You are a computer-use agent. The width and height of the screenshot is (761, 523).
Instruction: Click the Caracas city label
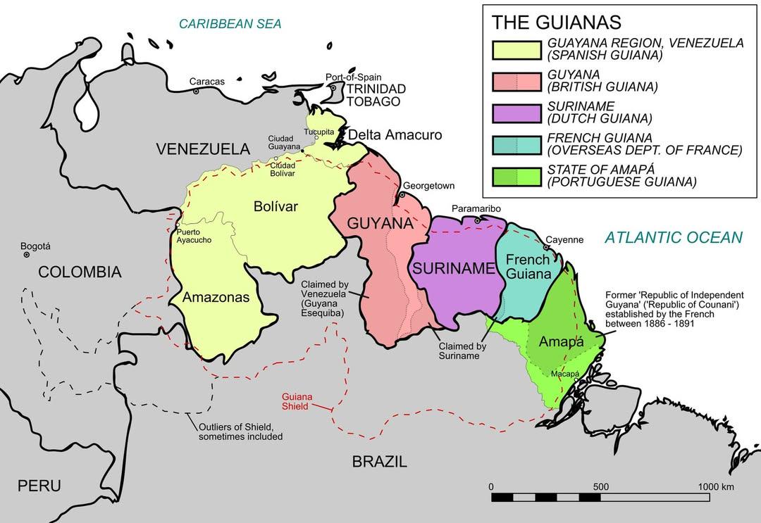click(207, 82)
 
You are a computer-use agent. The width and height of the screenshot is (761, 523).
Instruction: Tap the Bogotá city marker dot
click(27, 255)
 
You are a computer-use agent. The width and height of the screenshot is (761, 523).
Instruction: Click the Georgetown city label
click(429, 186)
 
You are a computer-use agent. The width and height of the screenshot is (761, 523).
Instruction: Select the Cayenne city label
click(564, 240)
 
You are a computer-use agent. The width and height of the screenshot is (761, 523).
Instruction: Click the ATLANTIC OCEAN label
click(674, 237)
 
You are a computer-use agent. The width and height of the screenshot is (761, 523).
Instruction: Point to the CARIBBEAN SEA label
click(230, 24)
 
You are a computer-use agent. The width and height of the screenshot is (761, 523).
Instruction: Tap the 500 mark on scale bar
click(600, 487)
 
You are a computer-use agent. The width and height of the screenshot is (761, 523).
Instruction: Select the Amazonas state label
click(216, 298)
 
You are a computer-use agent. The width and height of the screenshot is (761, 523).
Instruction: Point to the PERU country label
click(39, 486)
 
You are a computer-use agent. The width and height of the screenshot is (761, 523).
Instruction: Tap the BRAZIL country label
click(379, 462)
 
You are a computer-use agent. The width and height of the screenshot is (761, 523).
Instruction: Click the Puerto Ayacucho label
click(193, 236)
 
